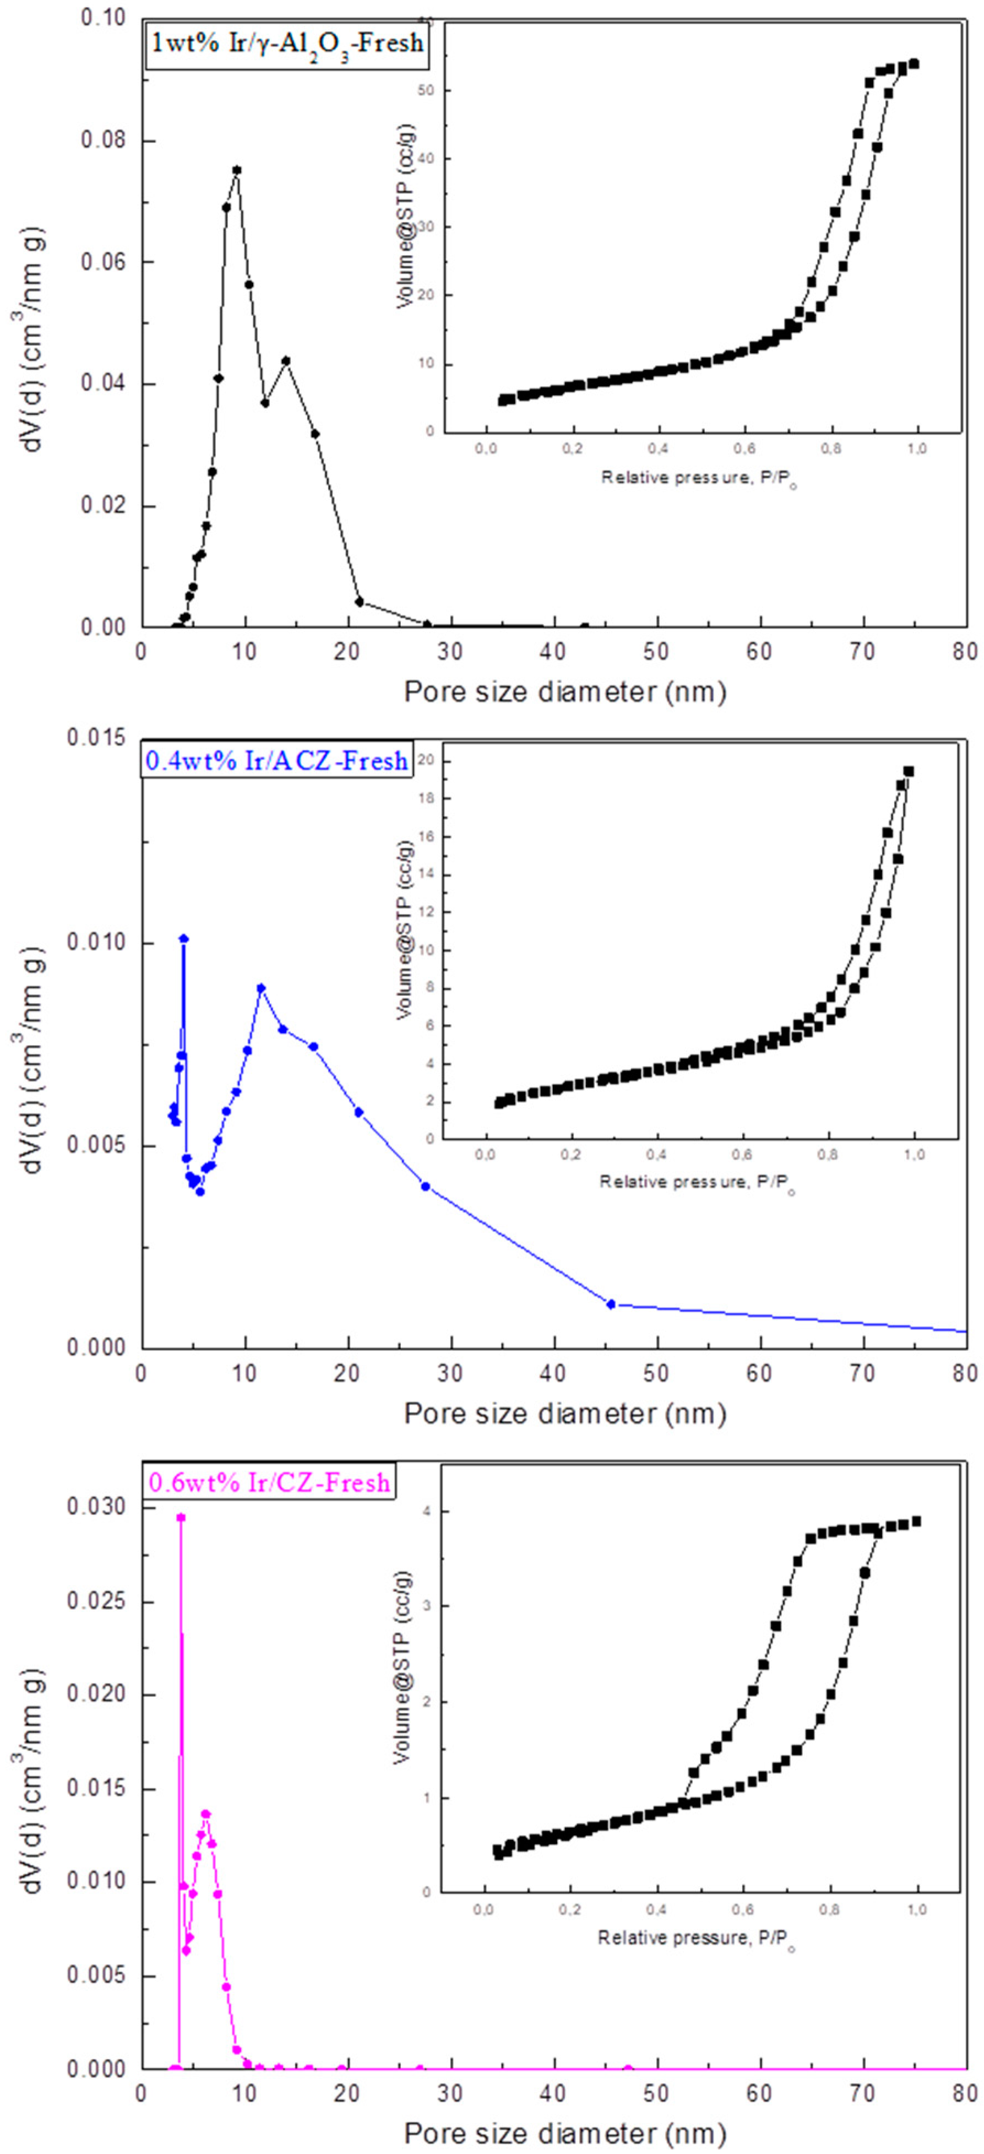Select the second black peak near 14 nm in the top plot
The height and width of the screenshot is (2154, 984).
point(286,360)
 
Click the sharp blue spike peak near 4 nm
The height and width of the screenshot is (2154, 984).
point(184,938)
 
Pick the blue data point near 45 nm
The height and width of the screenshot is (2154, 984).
point(611,1303)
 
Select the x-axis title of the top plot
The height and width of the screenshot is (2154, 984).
point(565,691)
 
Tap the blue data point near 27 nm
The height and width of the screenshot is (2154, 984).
point(426,1186)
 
